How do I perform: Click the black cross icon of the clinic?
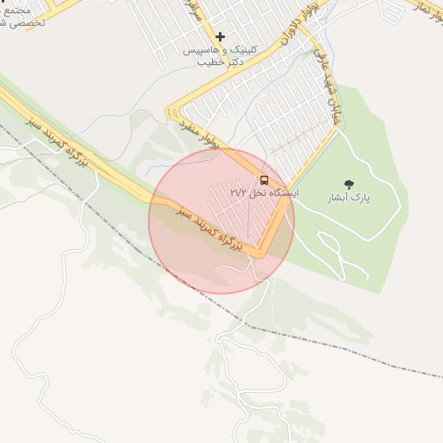tap(221, 36)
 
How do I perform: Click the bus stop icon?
tap(264, 180)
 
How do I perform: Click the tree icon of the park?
tap(349, 184)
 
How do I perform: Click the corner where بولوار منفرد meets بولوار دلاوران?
tap(173, 112)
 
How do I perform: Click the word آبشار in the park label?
tap(357, 198)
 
